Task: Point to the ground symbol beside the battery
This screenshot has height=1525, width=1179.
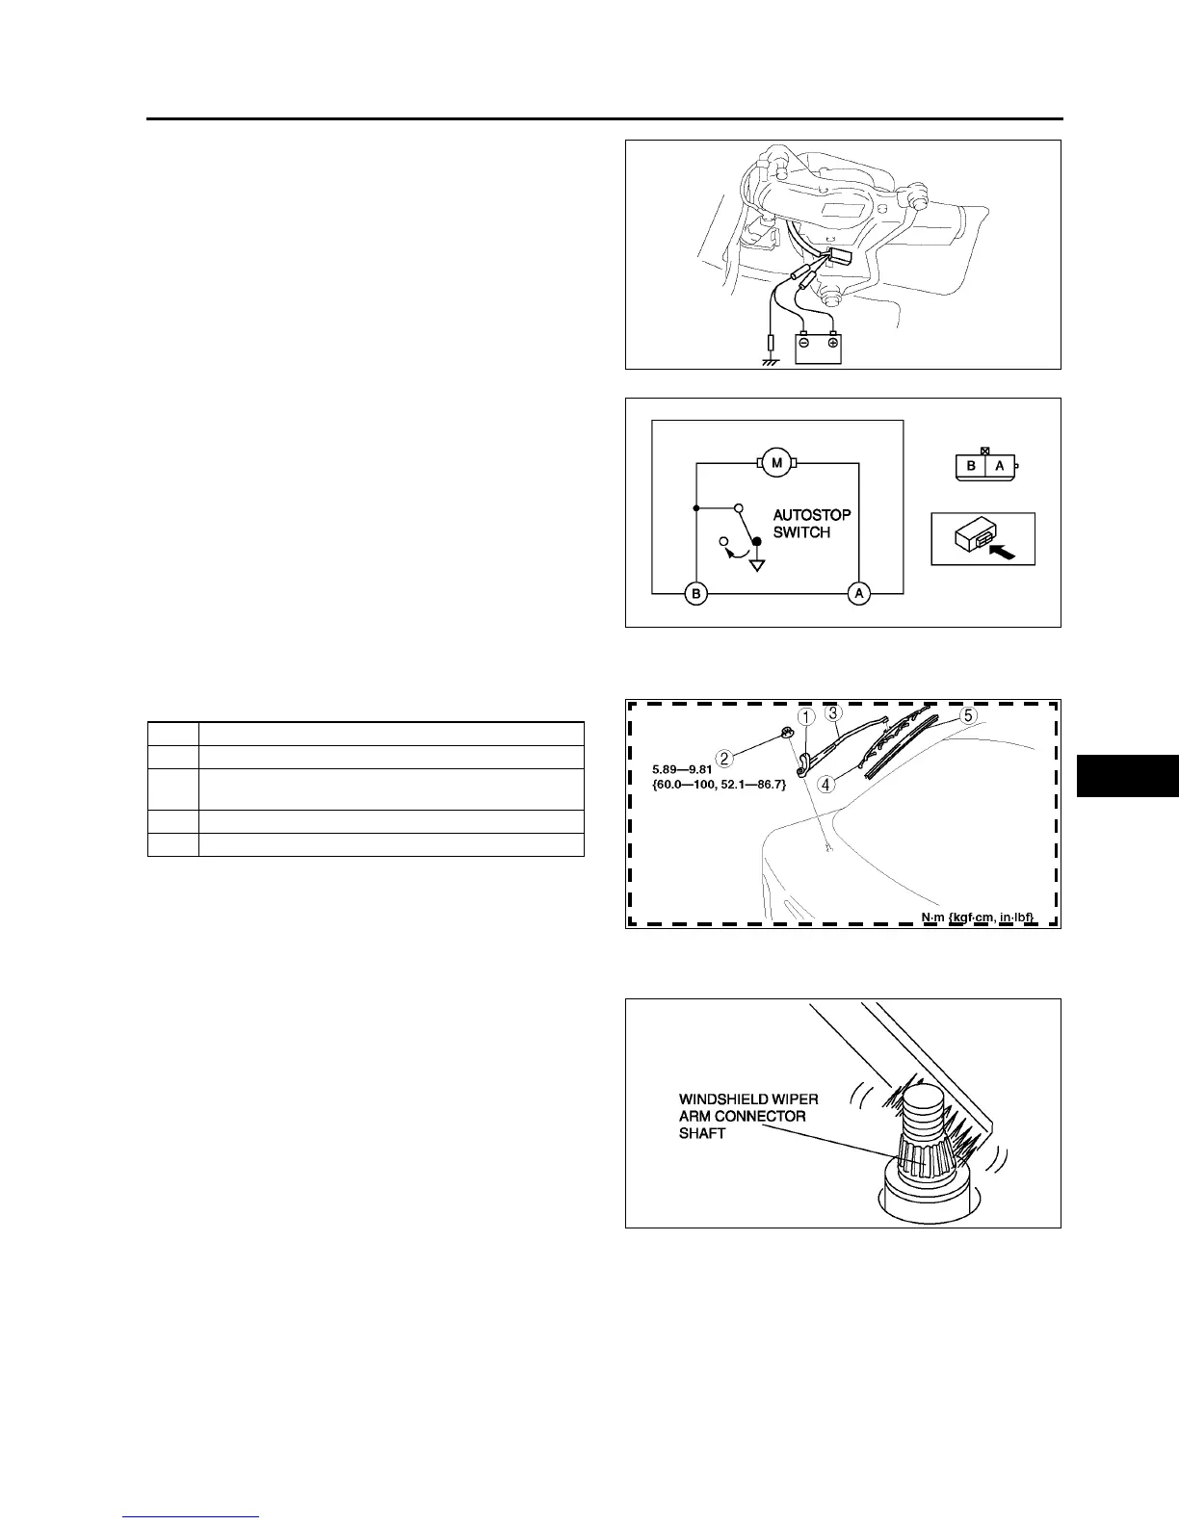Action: pyautogui.click(x=771, y=361)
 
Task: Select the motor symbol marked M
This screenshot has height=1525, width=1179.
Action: pyautogui.click(x=776, y=462)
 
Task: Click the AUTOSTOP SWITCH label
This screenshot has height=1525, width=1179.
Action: pyautogui.click(x=811, y=524)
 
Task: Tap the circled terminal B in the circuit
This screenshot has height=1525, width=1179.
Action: pyautogui.click(x=695, y=594)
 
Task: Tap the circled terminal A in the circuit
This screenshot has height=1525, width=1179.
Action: pyautogui.click(x=859, y=594)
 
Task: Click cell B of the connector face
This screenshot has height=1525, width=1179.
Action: pyautogui.click(x=972, y=466)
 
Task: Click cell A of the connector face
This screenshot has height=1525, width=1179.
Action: pyautogui.click(x=999, y=466)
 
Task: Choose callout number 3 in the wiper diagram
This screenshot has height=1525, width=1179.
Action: pyautogui.click(x=834, y=713)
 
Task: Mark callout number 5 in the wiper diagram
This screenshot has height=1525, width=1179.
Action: pyautogui.click(x=968, y=716)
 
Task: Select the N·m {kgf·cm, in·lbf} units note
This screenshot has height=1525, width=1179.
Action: pyautogui.click(x=978, y=917)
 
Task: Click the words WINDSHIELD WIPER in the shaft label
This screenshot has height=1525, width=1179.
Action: pyautogui.click(x=748, y=1099)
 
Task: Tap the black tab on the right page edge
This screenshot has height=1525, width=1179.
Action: pyautogui.click(x=1127, y=776)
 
